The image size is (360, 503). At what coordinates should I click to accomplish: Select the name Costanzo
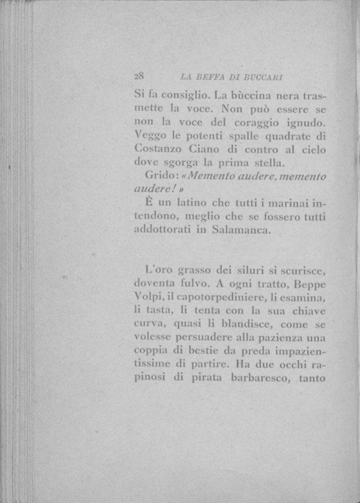coord(155,150)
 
